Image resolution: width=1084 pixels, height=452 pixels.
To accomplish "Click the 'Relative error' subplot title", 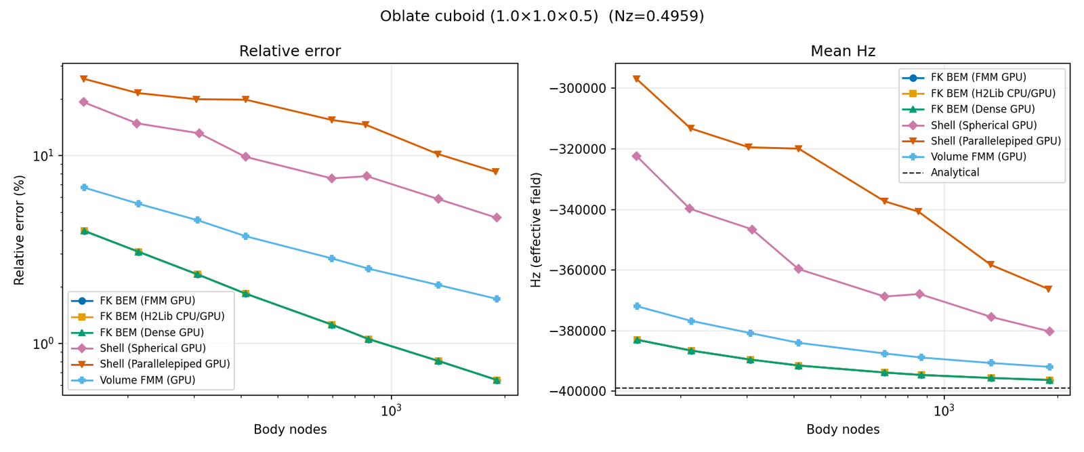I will pyautogui.click(x=290, y=52).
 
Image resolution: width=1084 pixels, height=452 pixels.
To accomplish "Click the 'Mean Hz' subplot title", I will pyautogui.click(x=843, y=52).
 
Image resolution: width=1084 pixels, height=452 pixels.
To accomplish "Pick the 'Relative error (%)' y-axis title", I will pyautogui.click(x=19, y=230).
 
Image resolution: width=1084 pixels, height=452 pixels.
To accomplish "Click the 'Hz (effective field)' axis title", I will pyautogui.click(x=537, y=230).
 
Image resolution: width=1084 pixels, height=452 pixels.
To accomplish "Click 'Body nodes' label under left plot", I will pyautogui.click(x=290, y=430).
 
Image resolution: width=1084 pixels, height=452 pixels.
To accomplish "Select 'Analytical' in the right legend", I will pyautogui.click(x=955, y=173).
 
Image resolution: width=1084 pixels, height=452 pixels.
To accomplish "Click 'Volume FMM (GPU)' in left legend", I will pyautogui.click(x=147, y=380).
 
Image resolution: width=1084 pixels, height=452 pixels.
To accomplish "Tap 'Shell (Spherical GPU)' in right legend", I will pyautogui.click(x=983, y=125).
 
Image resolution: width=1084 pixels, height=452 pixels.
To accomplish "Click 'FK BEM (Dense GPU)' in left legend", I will pyautogui.click(x=151, y=333).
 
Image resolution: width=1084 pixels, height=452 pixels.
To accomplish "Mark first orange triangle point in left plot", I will pyautogui.click(x=84, y=79).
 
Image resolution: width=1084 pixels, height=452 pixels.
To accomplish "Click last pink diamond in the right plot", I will pyautogui.click(x=1049, y=331).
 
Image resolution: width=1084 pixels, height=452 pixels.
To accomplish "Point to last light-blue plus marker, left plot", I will pyautogui.click(x=497, y=299).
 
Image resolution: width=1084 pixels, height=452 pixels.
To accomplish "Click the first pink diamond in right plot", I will pyautogui.click(x=636, y=156).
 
